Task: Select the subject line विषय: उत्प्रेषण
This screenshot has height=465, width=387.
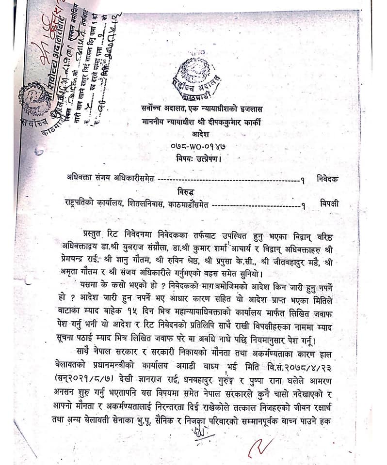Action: point(201,158)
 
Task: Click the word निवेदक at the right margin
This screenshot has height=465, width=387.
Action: point(328,178)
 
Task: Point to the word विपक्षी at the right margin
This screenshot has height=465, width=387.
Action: point(329,203)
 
